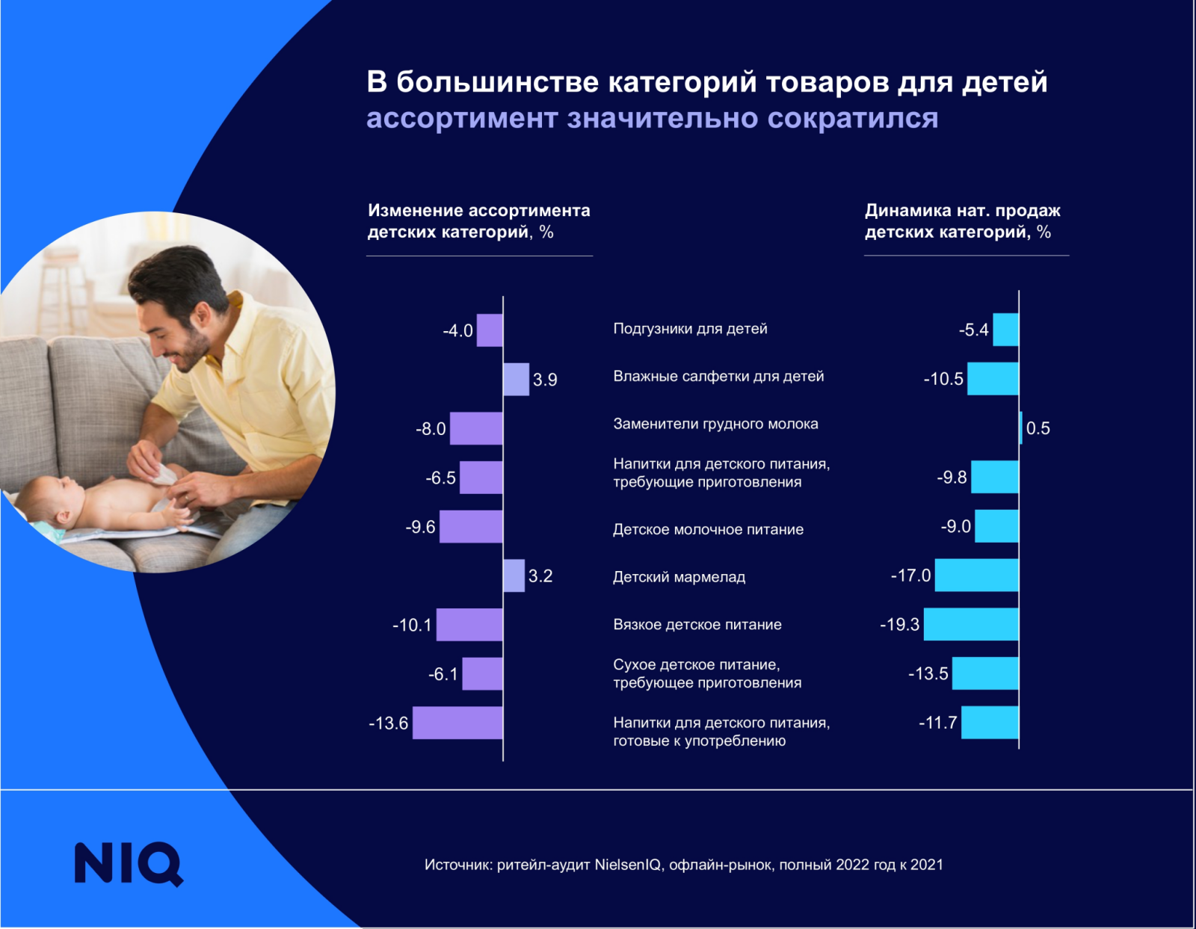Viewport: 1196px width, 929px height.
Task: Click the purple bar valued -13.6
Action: tap(457, 723)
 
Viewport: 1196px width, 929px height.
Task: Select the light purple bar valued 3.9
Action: tap(516, 379)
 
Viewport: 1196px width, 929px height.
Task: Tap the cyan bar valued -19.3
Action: tap(971, 624)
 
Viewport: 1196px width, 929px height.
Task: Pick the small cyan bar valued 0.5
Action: tap(1020, 428)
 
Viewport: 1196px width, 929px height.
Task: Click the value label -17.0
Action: tap(910, 575)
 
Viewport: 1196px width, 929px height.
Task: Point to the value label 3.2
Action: tap(540, 576)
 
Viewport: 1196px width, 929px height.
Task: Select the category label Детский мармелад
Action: tap(679, 577)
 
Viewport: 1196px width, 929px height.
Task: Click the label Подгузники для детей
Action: tap(690, 329)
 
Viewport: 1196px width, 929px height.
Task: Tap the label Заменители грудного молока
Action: tap(715, 424)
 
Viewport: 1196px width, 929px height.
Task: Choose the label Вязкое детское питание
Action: tap(697, 625)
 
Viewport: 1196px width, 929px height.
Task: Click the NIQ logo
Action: tap(129, 864)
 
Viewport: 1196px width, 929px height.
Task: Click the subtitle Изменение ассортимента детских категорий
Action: tap(478, 221)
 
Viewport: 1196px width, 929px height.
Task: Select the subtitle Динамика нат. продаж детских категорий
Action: tap(962, 221)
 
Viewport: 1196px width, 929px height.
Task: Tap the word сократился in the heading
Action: tap(852, 118)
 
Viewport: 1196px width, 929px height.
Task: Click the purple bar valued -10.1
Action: tap(469, 625)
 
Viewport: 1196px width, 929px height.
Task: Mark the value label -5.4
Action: tap(973, 330)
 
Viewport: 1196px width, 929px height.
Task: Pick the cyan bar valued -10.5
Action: tap(993, 379)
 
